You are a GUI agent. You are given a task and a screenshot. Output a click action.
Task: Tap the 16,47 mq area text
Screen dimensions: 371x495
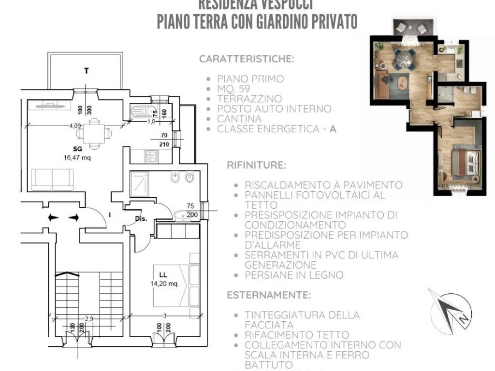coord(77,157)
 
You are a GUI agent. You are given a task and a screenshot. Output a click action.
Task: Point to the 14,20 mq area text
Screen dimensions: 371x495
coord(163,284)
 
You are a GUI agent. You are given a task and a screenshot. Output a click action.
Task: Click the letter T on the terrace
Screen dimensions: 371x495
coord(87,71)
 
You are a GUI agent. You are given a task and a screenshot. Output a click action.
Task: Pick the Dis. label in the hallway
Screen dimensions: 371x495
coord(141,218)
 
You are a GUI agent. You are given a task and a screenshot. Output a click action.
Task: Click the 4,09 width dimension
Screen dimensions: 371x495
coord(75,126)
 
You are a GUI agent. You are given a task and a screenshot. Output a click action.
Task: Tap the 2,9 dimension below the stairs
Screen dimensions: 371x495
coord(89,318)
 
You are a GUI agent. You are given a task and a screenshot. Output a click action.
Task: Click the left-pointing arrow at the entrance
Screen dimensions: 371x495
coord(53,218)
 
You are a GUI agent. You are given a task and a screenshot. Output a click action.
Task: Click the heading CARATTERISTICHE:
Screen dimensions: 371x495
coord(247,59)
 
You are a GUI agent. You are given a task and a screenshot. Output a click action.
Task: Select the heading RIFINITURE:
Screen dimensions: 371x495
coord(256,165)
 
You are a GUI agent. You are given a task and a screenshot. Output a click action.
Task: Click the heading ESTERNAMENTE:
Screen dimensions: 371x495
coord(269,295)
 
